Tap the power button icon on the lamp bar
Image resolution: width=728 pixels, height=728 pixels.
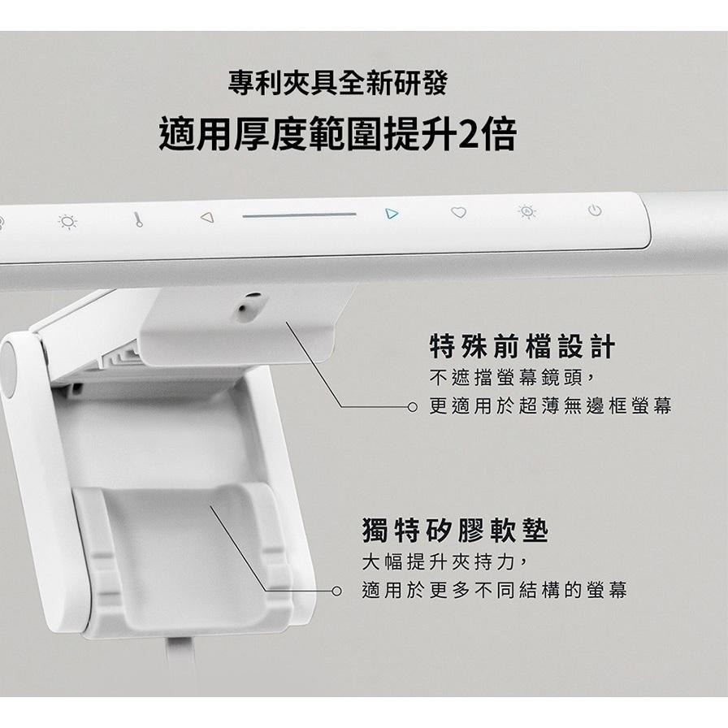pos(595,212)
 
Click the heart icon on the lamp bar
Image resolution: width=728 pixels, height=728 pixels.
pos(459,214)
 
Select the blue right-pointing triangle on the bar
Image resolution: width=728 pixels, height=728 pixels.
pos(392,214)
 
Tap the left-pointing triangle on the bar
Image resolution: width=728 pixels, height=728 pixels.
pos(206,217)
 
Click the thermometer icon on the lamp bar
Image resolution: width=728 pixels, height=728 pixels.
pos(138,219)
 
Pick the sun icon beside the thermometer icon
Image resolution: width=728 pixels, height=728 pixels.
pos(68,221)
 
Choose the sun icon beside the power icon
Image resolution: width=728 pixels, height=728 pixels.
pos(527,213)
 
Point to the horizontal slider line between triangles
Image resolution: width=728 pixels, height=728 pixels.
pos(299,215)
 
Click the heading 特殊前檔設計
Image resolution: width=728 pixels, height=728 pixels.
pos(522,349)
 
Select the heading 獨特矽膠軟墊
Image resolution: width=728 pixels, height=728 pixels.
pos(455,533)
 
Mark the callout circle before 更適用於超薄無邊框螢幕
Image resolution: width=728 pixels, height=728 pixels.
pos(413,406)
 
